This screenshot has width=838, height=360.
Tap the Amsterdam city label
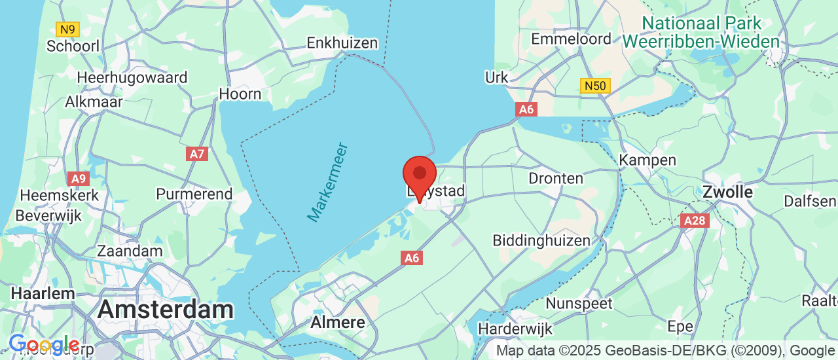166,310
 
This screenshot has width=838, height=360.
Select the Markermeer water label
328,181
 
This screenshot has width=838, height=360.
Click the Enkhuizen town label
342,43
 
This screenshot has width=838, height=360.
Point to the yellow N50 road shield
595,86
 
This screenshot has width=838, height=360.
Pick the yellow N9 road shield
68,29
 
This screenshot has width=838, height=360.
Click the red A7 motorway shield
196,154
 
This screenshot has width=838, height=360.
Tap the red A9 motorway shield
78,178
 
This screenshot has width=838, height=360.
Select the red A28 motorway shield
695,221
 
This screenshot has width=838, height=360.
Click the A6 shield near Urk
527,109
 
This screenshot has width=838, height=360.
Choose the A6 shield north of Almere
412,258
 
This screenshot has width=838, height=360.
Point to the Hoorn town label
240,94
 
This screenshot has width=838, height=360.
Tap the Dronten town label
556,178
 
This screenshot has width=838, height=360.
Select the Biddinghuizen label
541,241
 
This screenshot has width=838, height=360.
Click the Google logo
44,344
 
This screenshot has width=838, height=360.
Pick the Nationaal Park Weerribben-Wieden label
701,33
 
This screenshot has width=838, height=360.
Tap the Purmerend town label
194,194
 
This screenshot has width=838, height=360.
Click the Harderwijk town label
515,328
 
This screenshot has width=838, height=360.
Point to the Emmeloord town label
571,39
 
